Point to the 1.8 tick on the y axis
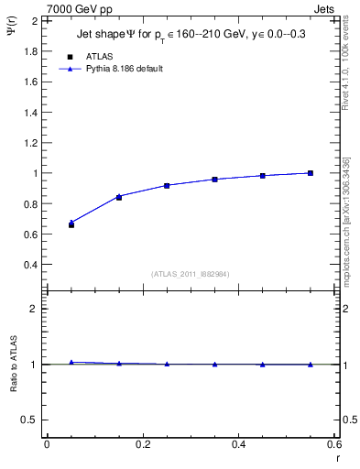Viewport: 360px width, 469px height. tap(29, 50)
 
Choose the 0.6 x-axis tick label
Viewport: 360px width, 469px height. tap(334, 444)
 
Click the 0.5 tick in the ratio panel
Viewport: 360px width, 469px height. tap(29, 420)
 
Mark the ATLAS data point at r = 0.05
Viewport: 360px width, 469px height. tap(71, 224)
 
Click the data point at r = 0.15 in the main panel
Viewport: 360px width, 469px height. tap(119, 197)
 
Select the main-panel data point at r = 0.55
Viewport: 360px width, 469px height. tap(311, 173)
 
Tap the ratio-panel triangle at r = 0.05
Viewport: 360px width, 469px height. tap(71, 363)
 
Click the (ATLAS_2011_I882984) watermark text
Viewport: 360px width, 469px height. tap(191, 273)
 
